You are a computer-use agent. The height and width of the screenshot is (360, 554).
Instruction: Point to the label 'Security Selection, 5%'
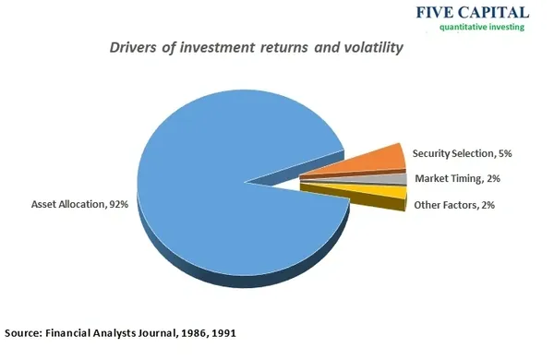click(x=463, y=153)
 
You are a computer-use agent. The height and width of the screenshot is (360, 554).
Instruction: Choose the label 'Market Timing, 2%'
click(x=458, y=179)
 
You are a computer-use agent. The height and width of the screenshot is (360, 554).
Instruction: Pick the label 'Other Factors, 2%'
click(x=454, y=205)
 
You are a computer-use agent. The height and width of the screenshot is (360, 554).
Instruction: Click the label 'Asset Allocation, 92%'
click(x=79, y=204)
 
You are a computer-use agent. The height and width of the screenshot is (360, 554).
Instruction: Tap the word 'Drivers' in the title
click(x=133, y=47)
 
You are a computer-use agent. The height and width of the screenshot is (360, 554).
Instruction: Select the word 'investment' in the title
click(x=217, y=47)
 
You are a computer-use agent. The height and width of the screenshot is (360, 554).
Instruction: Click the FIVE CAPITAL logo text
click(x=473, y=12)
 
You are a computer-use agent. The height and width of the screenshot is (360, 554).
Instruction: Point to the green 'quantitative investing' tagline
click(x=482, y=27)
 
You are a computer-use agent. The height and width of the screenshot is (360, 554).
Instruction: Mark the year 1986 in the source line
click(x=194, y=333)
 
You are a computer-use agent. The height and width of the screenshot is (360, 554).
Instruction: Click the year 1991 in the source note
click(x=223, y=333)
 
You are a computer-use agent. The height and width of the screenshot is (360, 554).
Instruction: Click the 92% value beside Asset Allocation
click(x=119, y=204)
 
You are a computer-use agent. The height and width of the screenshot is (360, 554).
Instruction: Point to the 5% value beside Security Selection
click(x=505, y=153)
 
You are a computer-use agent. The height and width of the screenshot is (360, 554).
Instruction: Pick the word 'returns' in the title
click(x=284, y=48)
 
